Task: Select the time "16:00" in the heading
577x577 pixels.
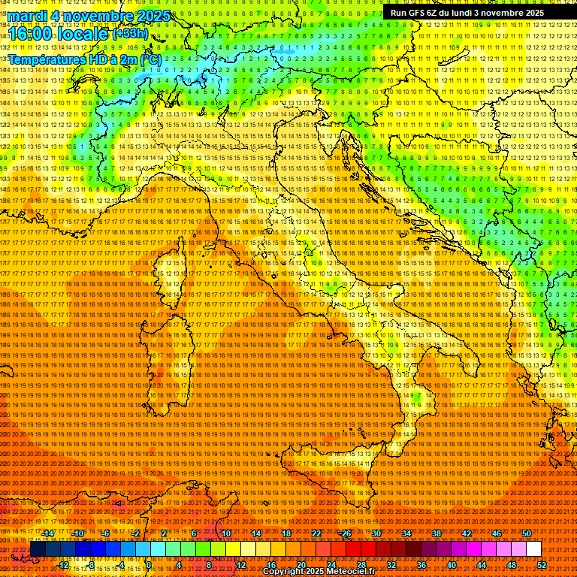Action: click(30, 35)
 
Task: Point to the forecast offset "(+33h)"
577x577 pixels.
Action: click(130, 34)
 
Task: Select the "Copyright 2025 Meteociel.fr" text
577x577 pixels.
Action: click(319, 572)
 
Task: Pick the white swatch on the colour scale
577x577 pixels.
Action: click(533, 549)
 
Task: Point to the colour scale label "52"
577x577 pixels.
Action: click(541, 565)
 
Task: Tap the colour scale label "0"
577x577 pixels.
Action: click(150, 565)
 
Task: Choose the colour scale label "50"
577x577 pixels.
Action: click(526, 533)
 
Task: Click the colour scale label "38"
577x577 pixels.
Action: click(436, 533)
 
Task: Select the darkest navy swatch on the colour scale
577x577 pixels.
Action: click(38, 549)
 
